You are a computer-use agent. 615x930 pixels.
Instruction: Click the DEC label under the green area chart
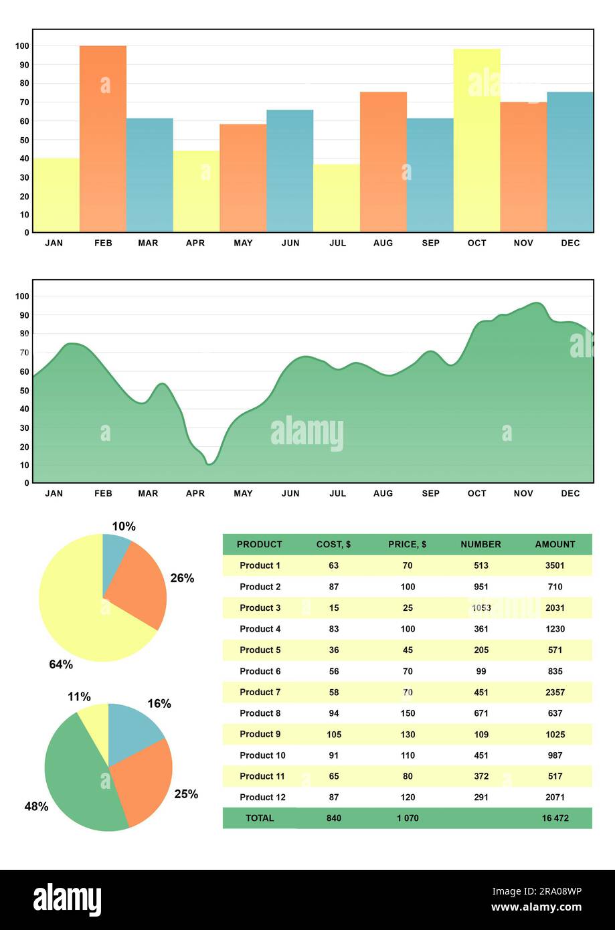pyautogui.click(x=570, y=493)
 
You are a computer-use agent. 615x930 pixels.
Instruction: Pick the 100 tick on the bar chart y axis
pyautogui.click(x=22, y=46)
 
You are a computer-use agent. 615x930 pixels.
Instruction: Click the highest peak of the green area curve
pyautogui.click(x=536, y=303)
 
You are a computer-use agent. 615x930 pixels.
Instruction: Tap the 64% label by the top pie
pyautogui.click(x=61, y=664)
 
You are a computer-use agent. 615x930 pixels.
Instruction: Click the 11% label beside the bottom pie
pyautogui.click(x=79, y=697)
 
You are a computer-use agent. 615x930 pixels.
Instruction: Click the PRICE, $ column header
pyautogui.click(x=407, y=545)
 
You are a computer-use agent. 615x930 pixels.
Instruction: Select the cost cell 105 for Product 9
pyautogui.click(x=334, y=734)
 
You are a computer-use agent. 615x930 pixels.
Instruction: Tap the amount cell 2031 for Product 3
pyautogui.click(x=555, y=608)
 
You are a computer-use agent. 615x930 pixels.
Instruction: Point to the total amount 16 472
pyautogui.click(x=555, y=818)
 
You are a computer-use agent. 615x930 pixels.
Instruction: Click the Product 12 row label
pyautogui.click(x=262, y=797)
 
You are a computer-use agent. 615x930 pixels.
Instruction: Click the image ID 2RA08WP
pyautogui.click(x=547, y=891)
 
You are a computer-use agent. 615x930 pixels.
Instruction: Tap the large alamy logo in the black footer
pyautogui.click(x=68, y=899)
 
